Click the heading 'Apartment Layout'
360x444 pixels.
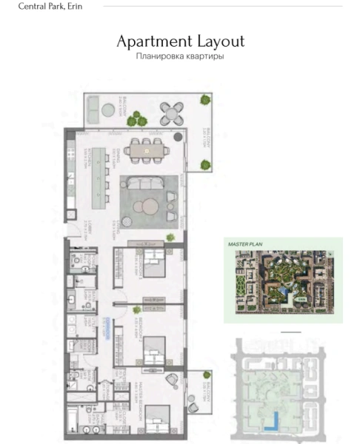click(x=180, y=41)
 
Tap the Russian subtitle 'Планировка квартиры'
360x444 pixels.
click(x=180, y=56)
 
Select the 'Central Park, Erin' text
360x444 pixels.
click(x=50, y=6)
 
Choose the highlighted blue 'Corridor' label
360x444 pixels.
click(x=108, y=323)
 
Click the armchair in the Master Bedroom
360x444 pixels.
click(x=172, y=380)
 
